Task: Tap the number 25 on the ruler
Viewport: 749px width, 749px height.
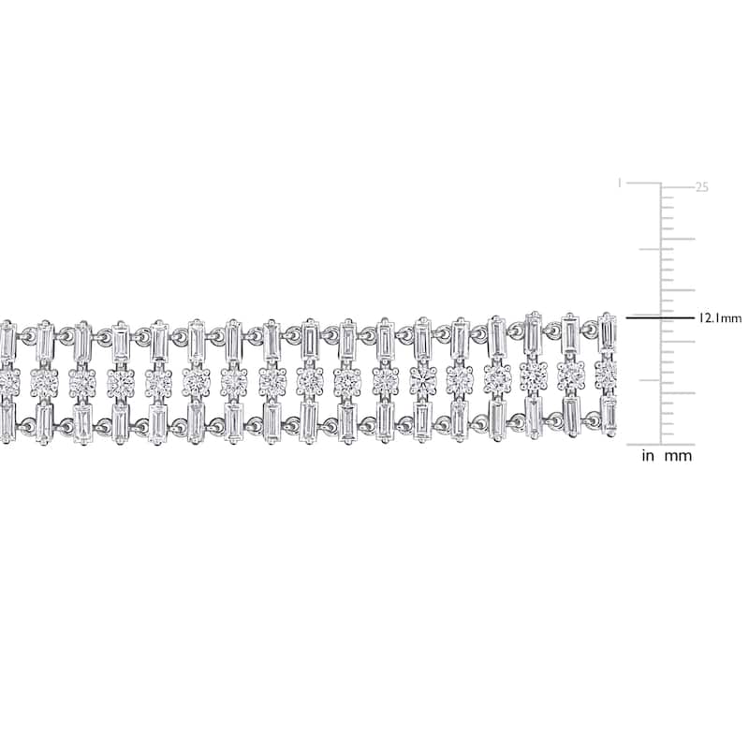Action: click(701, 187)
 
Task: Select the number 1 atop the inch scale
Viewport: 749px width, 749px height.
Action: click(620, 183)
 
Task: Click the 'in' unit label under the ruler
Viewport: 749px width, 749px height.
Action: click(648, 456)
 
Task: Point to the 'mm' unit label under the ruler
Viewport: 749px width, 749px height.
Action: click(678, 457)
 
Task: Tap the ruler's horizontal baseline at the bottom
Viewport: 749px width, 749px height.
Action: click(661, 444)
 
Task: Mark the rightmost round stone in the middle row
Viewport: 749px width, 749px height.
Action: click(606, 373)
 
